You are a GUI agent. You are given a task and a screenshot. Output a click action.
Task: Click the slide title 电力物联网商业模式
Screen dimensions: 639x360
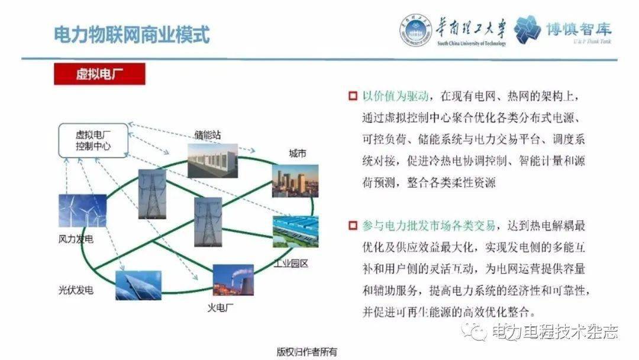coord(131,34)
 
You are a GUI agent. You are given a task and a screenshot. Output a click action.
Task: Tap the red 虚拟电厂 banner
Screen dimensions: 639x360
coord(99,74)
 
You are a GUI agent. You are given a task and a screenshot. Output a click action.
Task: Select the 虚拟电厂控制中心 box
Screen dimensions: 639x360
coord(93,140)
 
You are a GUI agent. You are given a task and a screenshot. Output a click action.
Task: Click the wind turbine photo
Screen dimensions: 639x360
coord(83,210)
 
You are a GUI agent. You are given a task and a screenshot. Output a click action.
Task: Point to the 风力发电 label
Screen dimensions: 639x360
coord(76,239)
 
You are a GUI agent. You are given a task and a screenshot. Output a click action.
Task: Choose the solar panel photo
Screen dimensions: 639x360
coord(138,285)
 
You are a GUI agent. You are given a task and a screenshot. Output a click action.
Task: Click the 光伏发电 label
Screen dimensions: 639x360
coord(76,290)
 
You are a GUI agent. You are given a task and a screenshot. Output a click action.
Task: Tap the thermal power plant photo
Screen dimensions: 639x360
coord(233,279)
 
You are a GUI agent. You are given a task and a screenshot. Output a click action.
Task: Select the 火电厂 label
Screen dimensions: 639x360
coord(221,308)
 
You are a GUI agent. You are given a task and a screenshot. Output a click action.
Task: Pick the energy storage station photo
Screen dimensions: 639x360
coord(213,160)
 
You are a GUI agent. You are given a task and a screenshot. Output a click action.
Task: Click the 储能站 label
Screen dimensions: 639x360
coord(208,134)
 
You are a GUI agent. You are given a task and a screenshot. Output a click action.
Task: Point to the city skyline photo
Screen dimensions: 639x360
coord(295,181)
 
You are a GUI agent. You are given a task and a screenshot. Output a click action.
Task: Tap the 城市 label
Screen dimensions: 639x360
coord(297,153)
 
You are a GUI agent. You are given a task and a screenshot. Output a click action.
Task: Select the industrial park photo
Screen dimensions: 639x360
coord(295,232)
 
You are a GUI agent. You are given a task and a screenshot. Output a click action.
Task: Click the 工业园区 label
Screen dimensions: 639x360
coord(291,263)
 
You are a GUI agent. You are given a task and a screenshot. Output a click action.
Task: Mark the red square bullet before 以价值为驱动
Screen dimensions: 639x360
coord(353,97)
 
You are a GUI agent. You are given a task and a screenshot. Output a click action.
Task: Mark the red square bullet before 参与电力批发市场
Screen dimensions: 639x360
coord(353,226)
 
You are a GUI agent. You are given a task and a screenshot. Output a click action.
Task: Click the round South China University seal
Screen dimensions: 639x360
coord(415,30)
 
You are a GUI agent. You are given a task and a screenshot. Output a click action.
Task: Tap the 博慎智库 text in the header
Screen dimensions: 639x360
coord(579,28)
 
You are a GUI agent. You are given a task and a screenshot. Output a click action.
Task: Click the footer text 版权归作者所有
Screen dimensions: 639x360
coord(307,352)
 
